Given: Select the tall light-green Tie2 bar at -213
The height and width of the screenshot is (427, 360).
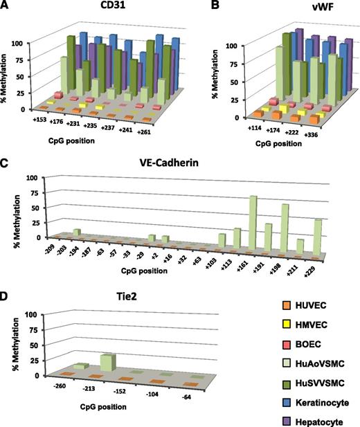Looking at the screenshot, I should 107,361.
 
